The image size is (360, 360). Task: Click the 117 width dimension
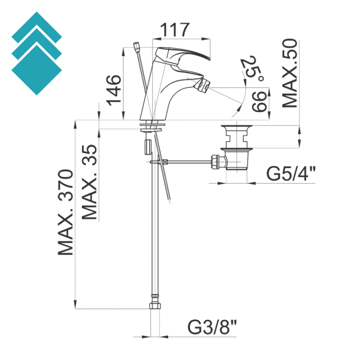click(175, 30)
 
